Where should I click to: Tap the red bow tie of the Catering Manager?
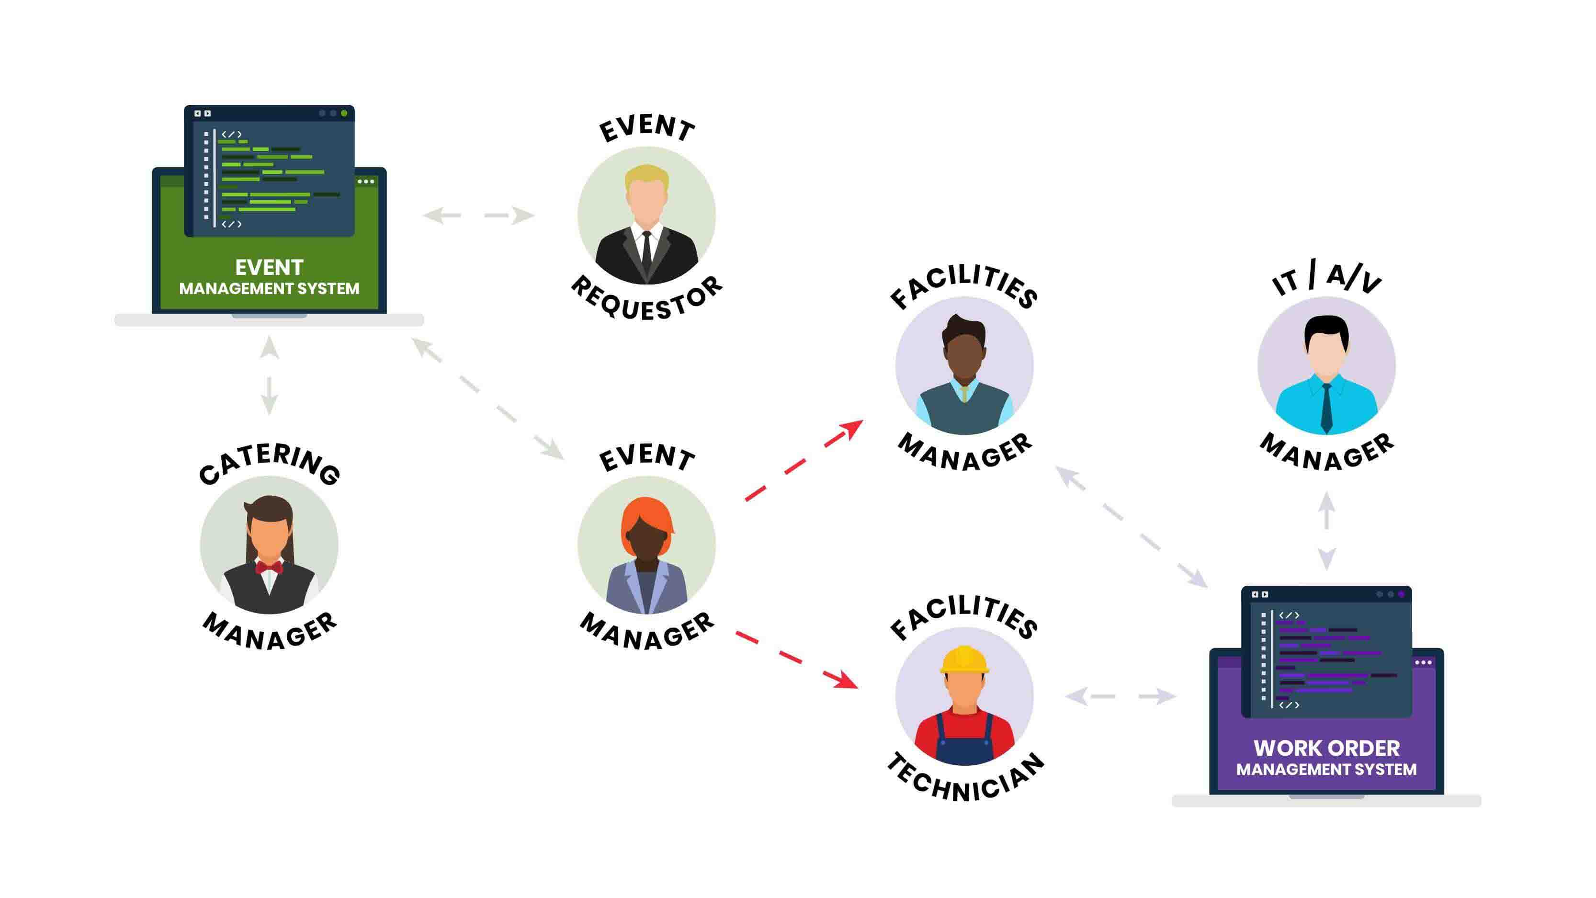click(x=269, y=567)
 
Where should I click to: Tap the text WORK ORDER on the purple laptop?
click(x=1326, y=748)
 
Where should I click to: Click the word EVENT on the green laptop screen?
click(x=269, y=267)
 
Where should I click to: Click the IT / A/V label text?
click(x=1326, y=280)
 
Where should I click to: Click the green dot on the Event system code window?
click(x=344, y=114)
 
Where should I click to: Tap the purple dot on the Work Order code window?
click(x=1402, y=594)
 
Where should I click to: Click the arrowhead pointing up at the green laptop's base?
click(x=269, y=347)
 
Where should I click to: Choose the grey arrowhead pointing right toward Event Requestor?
click(x=523, y=216)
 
